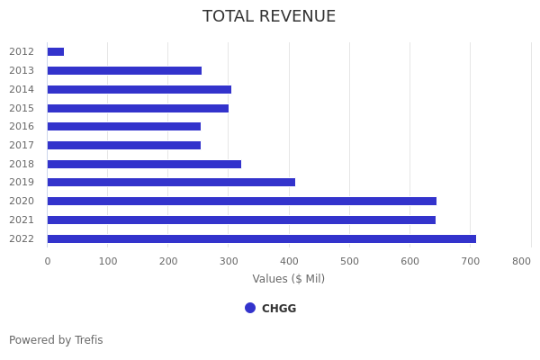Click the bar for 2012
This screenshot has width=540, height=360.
coord(56,52)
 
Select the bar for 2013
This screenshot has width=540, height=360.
coord(124,70)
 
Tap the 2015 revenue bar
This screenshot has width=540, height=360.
coord(138,108)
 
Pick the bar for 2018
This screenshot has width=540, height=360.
coord(144,164)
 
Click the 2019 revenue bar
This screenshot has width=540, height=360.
coord(171,183)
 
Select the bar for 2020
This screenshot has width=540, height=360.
coord(241,202)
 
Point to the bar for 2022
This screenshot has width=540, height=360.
coord(261,238)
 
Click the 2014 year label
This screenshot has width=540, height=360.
coord(22,89)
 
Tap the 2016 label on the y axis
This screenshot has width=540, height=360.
coord(22,127)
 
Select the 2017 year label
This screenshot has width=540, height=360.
coord(22,145)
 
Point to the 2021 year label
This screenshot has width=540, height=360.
coord(22,220)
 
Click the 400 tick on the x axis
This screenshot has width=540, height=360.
coord(289,261)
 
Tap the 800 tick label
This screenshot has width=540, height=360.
coord(521,261)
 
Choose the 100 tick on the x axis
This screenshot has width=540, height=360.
coord(108,261)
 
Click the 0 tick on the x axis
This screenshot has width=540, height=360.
coord(48,261)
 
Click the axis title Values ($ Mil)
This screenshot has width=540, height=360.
coord(288,279)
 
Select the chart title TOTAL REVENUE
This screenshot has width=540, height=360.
coord(269,17)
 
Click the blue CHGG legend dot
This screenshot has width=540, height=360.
coord(250,308)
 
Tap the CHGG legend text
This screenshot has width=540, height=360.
coord(279,309)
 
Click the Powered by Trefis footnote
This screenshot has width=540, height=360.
coord(56,340)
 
